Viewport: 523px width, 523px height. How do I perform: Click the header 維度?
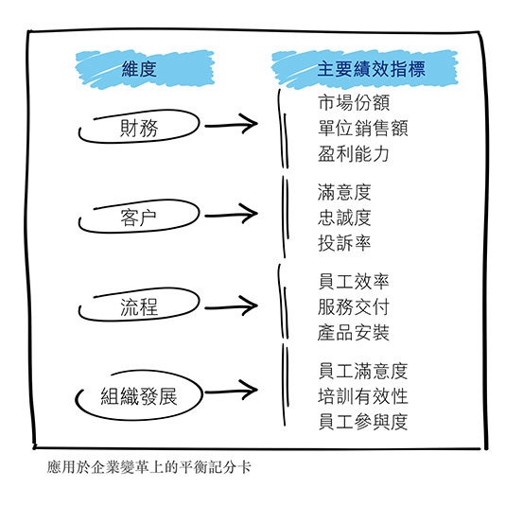coord(139,69)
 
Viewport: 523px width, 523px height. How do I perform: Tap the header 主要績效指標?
coord(371,69)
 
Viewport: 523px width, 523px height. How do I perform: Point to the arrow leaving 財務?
coord(231,125)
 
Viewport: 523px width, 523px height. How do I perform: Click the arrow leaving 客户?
coord(231,215)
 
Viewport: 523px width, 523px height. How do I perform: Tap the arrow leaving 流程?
coord(231,306)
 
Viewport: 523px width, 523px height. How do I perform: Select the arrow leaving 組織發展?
coord(231,391)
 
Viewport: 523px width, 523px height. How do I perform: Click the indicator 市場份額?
coord(354,102)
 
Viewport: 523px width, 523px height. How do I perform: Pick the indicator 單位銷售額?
coord(363,128)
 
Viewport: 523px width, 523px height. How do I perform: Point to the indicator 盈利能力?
coord(354,154)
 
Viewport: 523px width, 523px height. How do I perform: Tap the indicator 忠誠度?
coord(344,218)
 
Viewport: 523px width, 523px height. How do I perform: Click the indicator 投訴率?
coord(344,243)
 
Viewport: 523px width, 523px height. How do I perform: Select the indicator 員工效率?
coord(354,281)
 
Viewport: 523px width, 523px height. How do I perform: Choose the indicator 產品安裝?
coord(354,333)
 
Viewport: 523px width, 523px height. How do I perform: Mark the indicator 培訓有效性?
coord(363,396)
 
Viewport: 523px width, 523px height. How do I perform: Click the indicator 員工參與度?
coord(363,422)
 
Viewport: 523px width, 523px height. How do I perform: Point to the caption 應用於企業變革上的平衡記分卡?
coord(148,467)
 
